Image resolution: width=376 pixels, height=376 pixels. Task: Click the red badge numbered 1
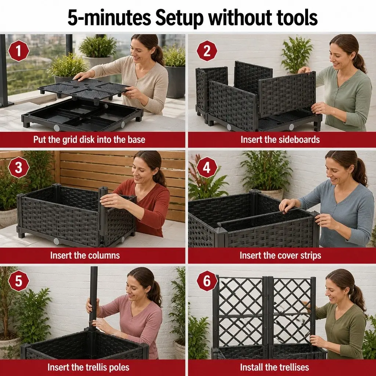tap(18, 51)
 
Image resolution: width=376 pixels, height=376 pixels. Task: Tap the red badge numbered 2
tap(207, 51)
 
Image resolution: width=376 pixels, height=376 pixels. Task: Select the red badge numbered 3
tap(18, 167)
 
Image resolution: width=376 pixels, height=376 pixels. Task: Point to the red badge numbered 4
tap(207, 167)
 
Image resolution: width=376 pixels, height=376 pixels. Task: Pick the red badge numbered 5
tap(18, 281)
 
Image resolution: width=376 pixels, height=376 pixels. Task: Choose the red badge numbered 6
tap(207, 281)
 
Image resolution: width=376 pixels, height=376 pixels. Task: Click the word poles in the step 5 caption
tap(119, 367)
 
